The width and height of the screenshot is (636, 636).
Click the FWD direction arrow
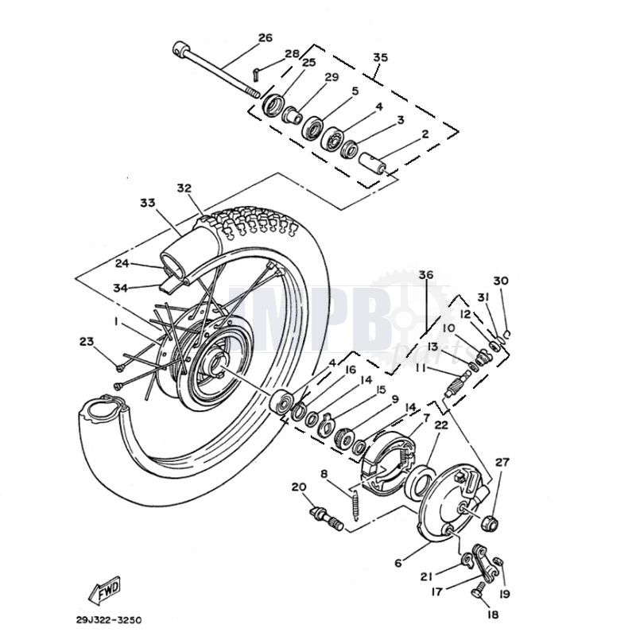click(104, 590)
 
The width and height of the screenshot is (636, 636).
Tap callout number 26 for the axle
click(265, 37)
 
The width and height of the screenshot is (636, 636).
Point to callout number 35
click(380, 58)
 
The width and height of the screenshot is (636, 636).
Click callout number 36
click(426, 275)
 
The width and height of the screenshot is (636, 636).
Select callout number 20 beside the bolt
click(299, 487)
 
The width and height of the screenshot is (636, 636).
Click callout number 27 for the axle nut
click(502, 462)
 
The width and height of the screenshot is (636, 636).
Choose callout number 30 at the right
click(500, 281)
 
